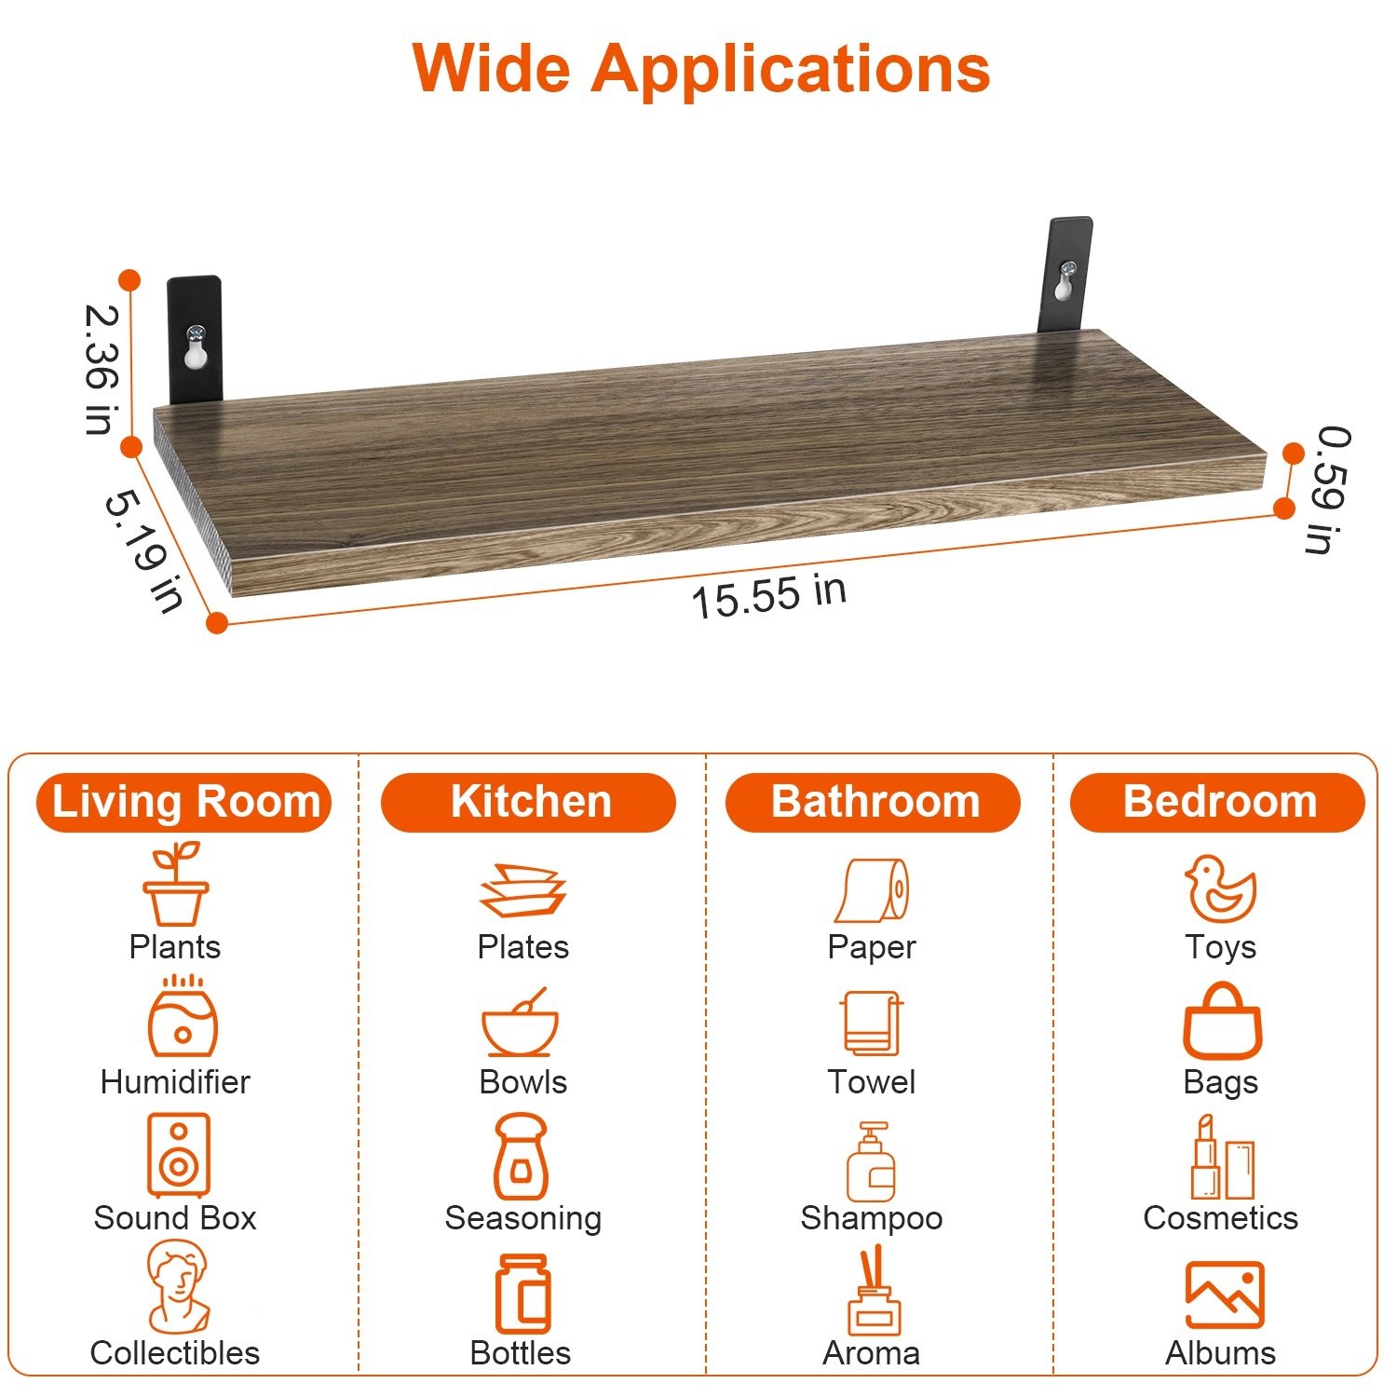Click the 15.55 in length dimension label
(768, 596)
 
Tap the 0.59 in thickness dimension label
(1329, 490)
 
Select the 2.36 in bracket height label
(102, 369)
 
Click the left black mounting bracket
(195, 339)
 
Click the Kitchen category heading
(528, 802)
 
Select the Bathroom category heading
(874, 802)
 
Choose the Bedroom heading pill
(1218, 802)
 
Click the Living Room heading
(184, 802)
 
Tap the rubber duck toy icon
(1220, 888)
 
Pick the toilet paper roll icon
(872, 890)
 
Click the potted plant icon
(176, 883)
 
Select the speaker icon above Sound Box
(178, 1155)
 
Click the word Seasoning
(523, 1218)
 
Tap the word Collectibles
(175, 1352)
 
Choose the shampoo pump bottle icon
(871, 1161)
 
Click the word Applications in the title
(791, 71)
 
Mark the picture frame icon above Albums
(1225, 1295)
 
